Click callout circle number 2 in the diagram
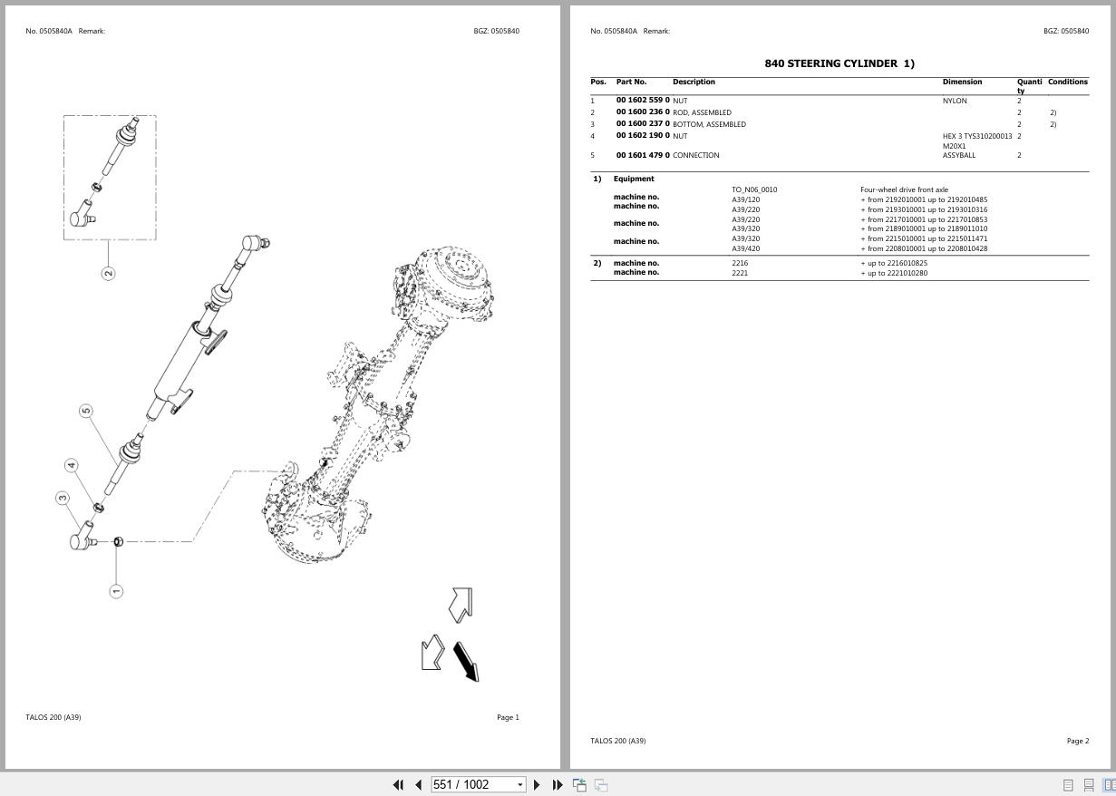point(109,273)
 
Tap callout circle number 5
point(86,411)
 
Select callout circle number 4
point(72,465)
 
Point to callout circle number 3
point(63,498)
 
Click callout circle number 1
point(116,591)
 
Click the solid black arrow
point(466,662)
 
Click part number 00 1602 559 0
point(643,101)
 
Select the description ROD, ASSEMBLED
point(702,112)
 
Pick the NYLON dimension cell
point(955,101)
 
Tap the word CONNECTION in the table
point(695,155)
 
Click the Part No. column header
point(631,82)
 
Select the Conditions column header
point(1067,82)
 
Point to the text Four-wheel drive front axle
point(904,189)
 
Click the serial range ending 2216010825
point(894,263)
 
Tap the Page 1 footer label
point(508,717)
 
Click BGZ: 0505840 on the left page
point(496,31)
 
